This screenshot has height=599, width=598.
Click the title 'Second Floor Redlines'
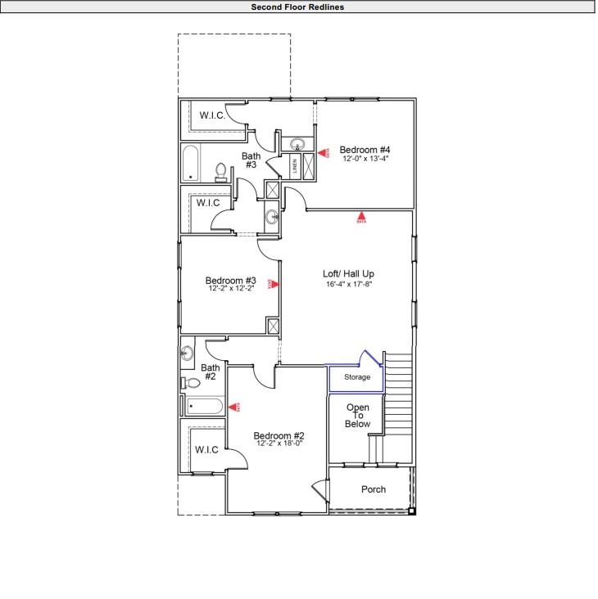297,7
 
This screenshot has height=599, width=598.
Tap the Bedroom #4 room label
365,150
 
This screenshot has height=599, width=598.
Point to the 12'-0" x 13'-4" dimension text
365,159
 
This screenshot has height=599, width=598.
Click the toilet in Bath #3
220,171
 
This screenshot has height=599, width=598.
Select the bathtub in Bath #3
191,163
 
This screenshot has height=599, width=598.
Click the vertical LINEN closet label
294,166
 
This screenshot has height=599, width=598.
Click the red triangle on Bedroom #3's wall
274,285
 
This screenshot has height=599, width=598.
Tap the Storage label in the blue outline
356,377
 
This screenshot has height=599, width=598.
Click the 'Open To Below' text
358,416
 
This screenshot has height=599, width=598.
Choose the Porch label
373,489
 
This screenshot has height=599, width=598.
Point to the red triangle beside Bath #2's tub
234,406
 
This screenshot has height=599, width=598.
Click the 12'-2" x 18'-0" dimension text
279,444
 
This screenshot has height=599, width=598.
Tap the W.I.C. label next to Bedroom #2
206,449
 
